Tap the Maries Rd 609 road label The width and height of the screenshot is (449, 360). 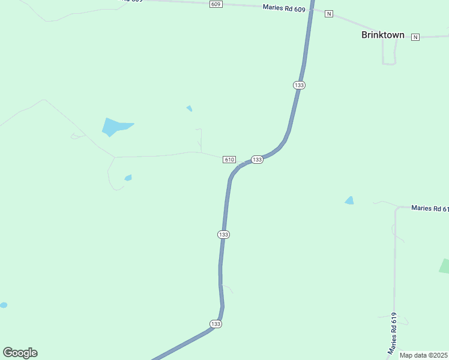(284, 8)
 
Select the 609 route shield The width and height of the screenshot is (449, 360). (216, 4)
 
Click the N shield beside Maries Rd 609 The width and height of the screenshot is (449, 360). (328, 14)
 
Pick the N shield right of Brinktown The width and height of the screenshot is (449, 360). (415, 37)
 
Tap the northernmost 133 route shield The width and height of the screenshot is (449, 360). (300, 85)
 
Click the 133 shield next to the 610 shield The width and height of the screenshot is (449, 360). (257, 160)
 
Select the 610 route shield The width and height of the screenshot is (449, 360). (229, 160)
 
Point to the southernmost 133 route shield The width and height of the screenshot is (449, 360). (216, 324)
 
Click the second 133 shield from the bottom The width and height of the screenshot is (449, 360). (223, 234)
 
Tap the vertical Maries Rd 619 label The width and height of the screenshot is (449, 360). (394, 332)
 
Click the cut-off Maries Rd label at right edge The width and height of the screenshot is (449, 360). (429, 208)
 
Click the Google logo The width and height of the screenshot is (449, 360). (20, 353)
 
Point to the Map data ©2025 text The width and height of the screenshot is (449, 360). (423, 355)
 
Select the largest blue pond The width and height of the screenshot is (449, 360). (114, 127)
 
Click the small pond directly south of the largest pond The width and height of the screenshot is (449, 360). (128, 178)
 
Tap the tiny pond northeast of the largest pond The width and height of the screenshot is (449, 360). (189, 109)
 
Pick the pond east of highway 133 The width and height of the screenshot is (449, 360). (349, 200)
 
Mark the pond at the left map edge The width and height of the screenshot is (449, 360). (3, 305)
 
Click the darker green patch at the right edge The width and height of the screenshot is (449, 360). (445, 266)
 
